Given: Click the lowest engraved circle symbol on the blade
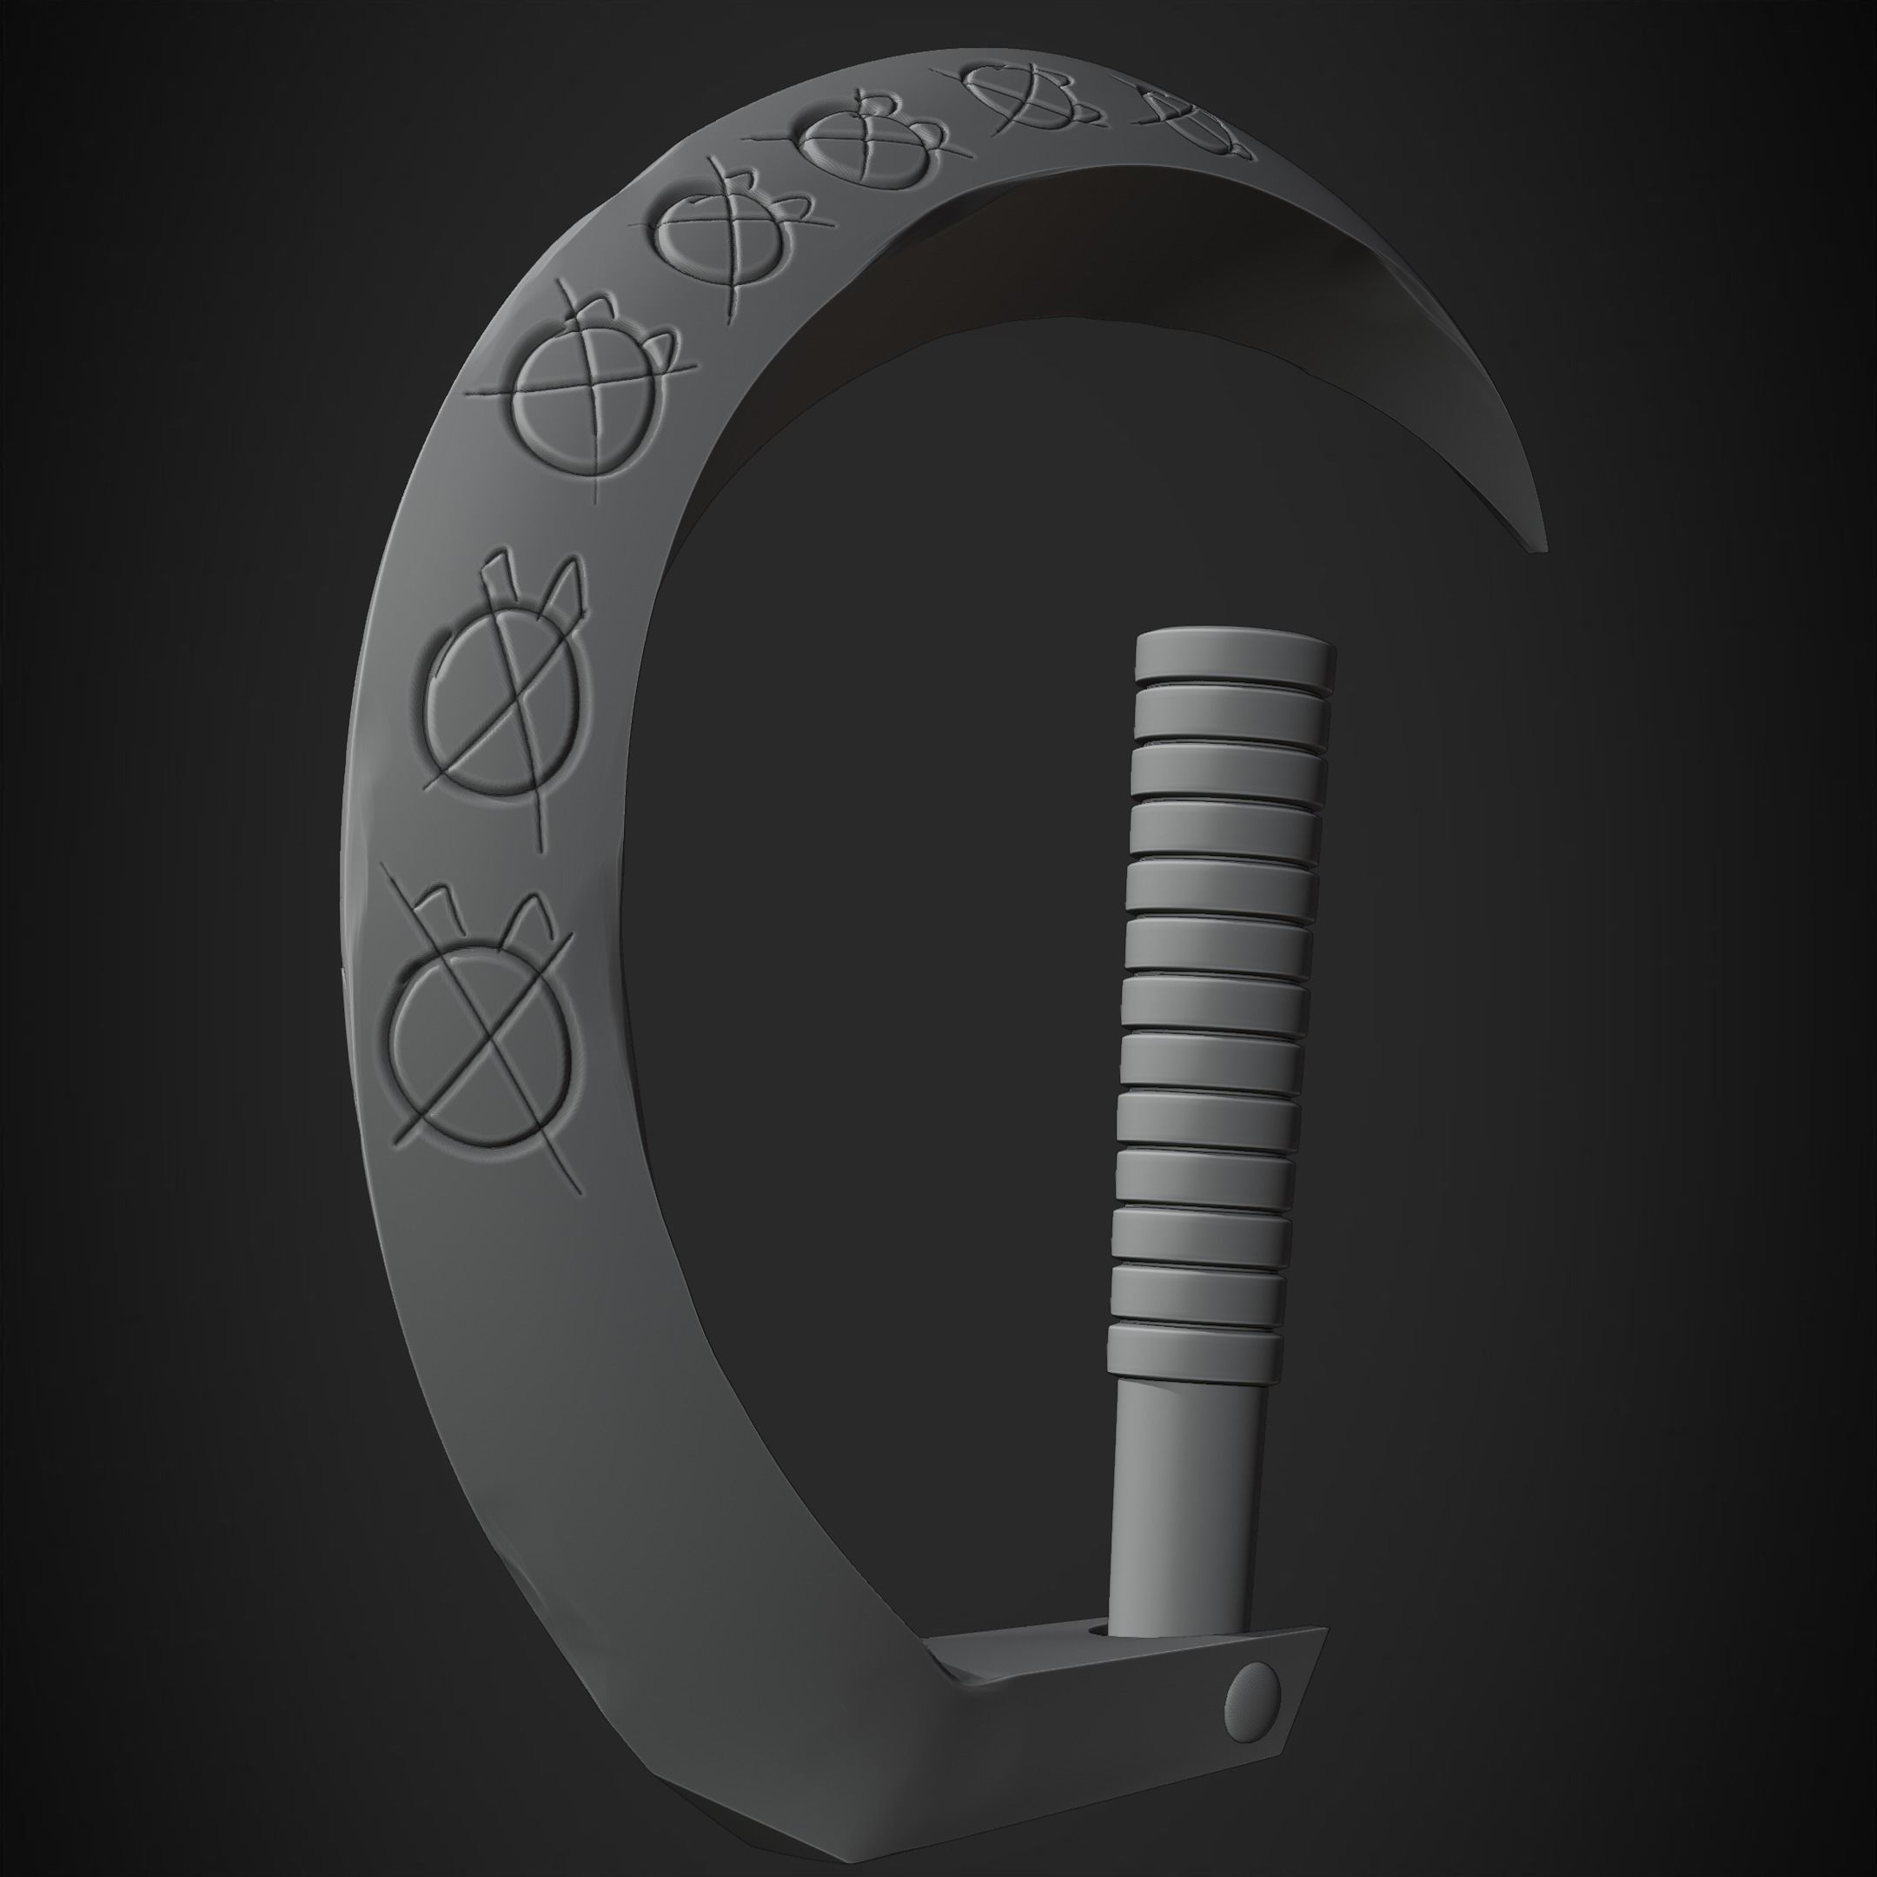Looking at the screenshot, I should point(486,1040).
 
